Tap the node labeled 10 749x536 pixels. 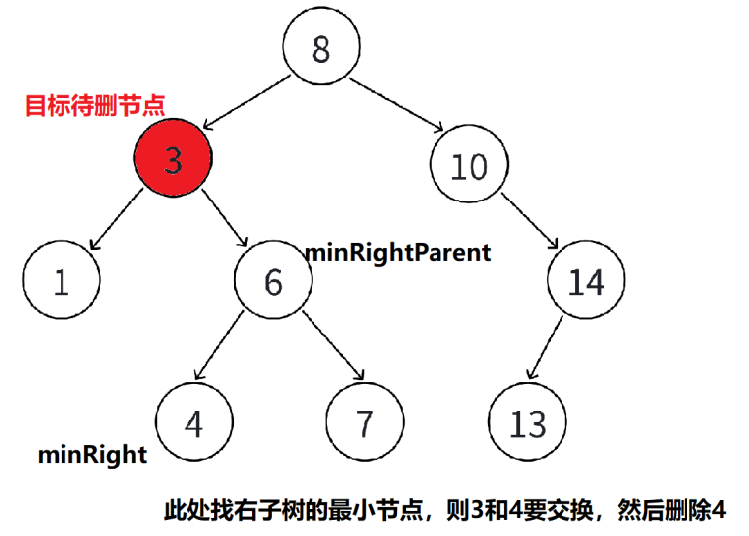click(x=469, y=166)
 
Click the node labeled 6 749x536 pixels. click(x=273, y=282)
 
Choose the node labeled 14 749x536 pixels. click(x=586, y=282)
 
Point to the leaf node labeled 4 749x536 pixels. click(x=194, y=424)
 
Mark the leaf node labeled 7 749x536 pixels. click(x=364, y=424)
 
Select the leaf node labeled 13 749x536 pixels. click(x=527, y=424)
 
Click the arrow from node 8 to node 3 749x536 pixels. click(x=248, y=102)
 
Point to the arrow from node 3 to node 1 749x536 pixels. click(x=117, y=222)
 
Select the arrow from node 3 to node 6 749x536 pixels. click(x=224, y=221)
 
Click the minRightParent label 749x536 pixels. click(x=397, y=252)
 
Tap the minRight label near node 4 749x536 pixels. click(x=91, y=455)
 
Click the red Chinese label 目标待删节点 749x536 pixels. click(x=94, y=103)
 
